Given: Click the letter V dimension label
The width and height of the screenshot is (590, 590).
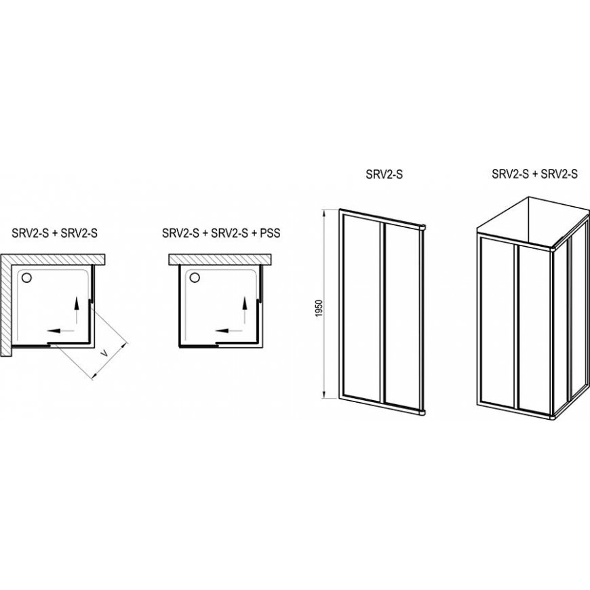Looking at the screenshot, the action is [x=106, y=353].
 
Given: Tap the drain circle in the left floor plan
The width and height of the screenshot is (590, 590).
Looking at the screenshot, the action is [x=26, y=278].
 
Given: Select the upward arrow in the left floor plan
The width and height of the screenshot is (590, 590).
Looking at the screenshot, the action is [x=77, y=310].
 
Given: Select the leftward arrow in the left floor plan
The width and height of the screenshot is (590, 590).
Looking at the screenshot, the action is [x=60, y=331].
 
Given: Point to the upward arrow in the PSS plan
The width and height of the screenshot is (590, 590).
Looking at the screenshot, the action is [x=245, y=310].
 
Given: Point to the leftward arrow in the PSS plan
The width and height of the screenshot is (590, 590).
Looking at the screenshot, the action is [x=229, y=331].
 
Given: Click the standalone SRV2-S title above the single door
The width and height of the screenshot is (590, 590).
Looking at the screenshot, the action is [x=384, y=174].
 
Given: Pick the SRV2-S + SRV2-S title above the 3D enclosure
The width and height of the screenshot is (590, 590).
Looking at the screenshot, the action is [x=534, y=174].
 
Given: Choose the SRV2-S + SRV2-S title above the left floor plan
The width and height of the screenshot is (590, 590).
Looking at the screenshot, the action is [x=54, y=233].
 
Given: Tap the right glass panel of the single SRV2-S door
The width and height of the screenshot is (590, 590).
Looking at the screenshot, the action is [x=402, y=317].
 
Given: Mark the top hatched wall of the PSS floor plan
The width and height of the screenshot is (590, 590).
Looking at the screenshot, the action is [x=220, y=260].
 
